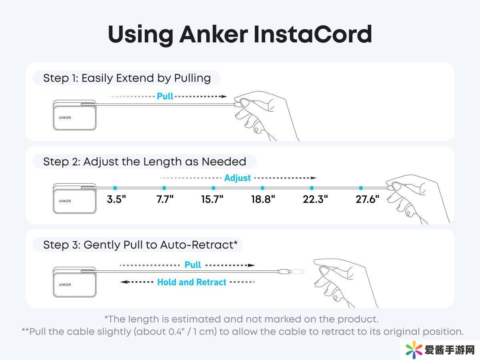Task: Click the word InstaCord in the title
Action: (313, 34)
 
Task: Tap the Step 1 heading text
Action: (127, 78)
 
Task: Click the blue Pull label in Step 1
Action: (165, 96)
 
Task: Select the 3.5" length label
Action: (116, 199)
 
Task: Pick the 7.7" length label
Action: (165, 199)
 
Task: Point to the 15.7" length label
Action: (212, 199)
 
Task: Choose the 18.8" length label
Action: (263, 199)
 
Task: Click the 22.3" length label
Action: (315, 199)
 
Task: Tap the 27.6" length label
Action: (367, 199)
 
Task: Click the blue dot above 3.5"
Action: (115, 188)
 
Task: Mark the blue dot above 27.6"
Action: (361, 188)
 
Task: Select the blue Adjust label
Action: (238, 178)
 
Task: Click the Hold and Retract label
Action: (192, 282)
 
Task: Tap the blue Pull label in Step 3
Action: (193, 265)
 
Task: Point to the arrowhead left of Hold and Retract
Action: (124, 282)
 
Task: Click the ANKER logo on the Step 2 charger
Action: (65, 201)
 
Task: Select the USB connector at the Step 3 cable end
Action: (284, 272)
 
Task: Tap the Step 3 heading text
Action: (140, 245)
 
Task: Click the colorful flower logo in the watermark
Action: (414, 350)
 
